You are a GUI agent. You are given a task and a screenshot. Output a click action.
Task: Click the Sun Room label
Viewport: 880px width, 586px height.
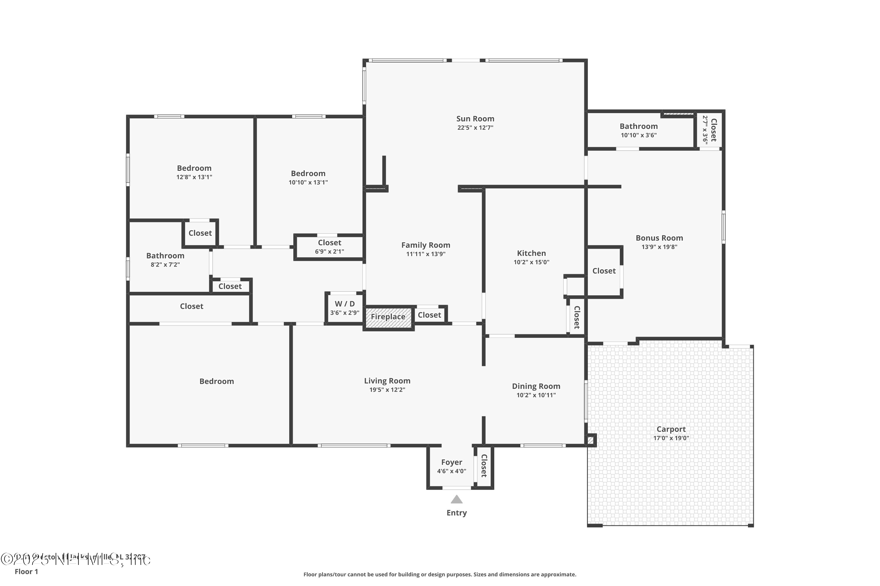point(475,119)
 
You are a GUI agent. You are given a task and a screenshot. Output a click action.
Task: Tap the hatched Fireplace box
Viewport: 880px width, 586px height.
point(388,317)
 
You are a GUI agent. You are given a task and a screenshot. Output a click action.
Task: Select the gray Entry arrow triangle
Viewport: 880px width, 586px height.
point(456,499)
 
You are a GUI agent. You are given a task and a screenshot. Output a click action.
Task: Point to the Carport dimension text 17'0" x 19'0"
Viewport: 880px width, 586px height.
point(671,438)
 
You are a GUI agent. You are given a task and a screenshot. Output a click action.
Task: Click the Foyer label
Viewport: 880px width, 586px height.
point(452,462)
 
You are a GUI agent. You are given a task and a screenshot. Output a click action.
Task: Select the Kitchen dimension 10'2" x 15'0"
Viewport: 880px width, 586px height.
point(531,262)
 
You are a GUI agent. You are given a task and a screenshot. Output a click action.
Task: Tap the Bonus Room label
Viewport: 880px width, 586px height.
point(659,238)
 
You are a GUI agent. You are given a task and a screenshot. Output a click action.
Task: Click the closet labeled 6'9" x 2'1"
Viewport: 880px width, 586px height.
point(329,247)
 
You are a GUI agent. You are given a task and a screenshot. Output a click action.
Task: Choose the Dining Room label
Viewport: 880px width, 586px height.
point(536,386)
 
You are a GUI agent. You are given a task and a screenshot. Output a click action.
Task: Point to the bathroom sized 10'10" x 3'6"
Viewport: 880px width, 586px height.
point(639,130)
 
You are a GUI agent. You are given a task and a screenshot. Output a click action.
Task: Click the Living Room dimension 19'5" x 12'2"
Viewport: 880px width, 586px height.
point(387,390)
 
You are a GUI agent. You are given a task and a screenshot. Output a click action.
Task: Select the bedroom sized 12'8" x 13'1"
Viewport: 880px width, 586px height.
point(194,172)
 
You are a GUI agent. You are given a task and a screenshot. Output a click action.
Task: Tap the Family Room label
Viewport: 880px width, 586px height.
point(426,245)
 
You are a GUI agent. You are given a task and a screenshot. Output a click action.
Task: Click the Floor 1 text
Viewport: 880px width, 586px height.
point(26,571)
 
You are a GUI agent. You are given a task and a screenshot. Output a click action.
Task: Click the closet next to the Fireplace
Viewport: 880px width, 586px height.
point(429,315)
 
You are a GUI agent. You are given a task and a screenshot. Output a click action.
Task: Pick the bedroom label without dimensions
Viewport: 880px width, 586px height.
point(217,381)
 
